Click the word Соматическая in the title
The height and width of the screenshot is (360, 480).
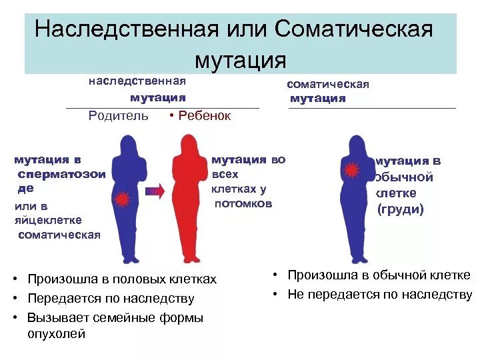[353, 29]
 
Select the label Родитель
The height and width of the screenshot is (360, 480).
[119, 116]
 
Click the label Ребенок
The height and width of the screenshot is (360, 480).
[204, 116]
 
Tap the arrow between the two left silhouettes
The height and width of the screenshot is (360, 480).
[155, 192]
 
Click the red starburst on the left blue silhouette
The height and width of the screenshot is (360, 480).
[122, 199]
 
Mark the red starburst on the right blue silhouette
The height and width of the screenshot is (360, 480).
[351, 171]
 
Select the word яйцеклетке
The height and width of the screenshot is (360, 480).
[48, 220]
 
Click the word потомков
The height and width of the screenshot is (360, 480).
[243, 204]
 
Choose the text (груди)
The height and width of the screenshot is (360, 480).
[401, 209]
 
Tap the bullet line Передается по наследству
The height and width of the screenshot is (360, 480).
[111, 298]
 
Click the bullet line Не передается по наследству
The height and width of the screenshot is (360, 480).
[380, 295]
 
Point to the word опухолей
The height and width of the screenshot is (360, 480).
[56, 334]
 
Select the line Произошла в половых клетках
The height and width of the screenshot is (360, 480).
[122, 279]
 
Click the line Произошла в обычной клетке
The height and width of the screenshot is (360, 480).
[379, 275]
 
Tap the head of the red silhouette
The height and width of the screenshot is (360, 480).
[189, 143]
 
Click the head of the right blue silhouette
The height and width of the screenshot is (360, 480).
[358, 143]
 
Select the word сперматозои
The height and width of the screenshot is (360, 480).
[62, 174]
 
